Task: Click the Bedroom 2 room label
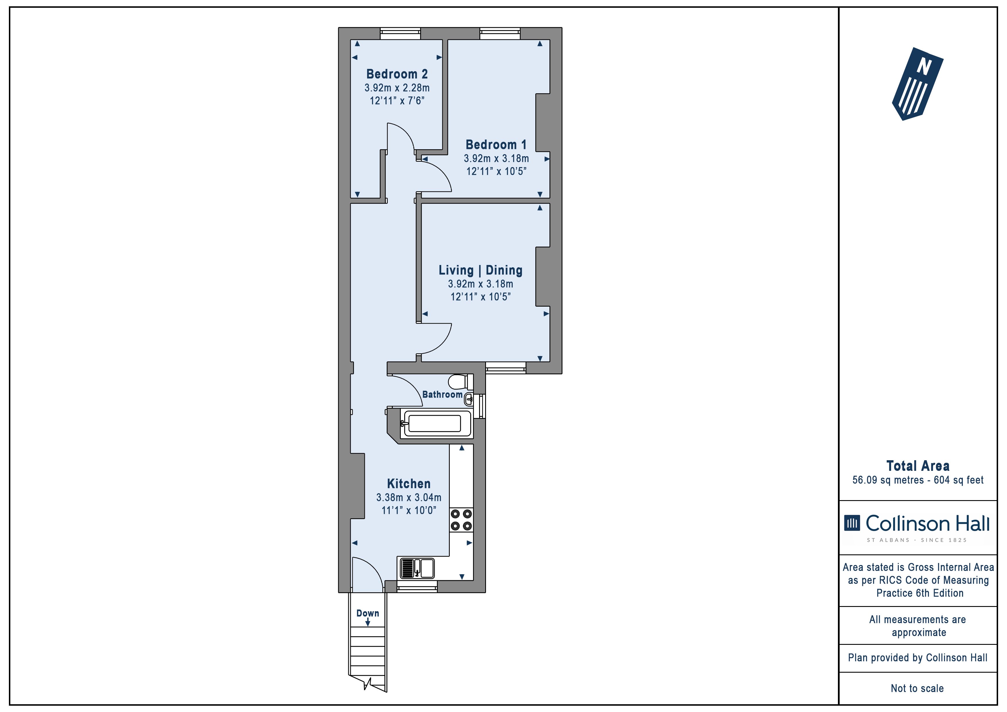[397, 74]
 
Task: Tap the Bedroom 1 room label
[496, 145]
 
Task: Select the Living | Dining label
[481, 270]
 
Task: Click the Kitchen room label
[409, 484]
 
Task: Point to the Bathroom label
[442, 394]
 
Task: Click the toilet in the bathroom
[460, 382]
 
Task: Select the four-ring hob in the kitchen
[461, 520]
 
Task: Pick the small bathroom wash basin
[469, 400]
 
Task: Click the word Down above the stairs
[367, 613]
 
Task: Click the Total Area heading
[918, 466]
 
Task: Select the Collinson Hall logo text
[927, 523]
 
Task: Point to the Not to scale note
[917, 688]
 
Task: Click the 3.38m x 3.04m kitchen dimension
[409, 498]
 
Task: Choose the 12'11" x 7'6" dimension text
[397, 101]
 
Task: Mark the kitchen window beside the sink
[417, 587]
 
